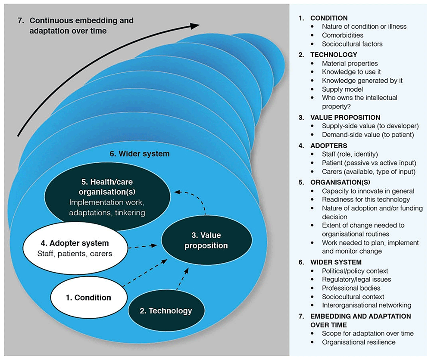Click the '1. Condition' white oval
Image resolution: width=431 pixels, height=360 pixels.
[x=89, y=297]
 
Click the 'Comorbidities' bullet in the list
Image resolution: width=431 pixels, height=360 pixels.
[x=342, y=35]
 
